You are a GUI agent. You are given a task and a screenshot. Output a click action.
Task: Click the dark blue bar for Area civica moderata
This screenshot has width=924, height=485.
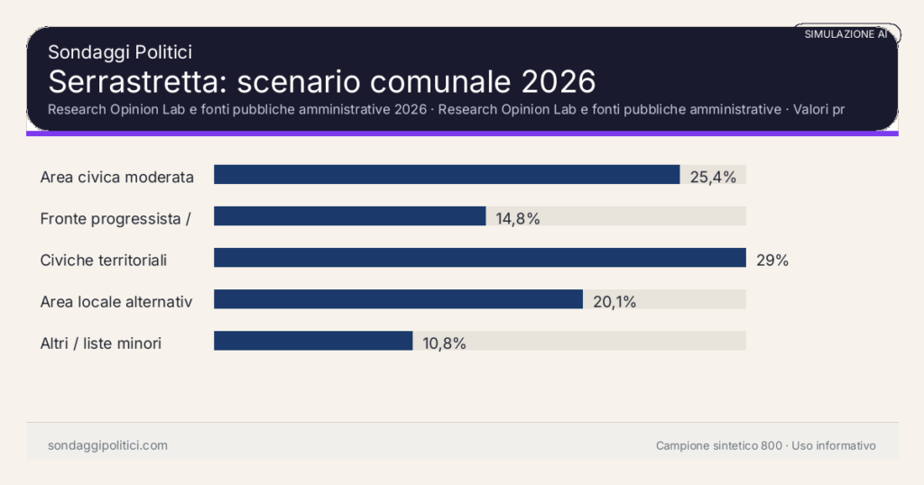click(447, 175)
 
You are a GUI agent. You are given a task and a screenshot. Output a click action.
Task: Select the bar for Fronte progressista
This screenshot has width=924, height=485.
click(350, 216)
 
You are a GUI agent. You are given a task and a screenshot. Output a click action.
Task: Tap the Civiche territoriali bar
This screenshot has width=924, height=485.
click(479, 258)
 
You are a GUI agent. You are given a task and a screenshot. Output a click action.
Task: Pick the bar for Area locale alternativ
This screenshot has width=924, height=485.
click(398, 299)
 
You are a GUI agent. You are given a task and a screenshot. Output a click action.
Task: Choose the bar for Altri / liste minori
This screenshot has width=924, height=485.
click(313, 341)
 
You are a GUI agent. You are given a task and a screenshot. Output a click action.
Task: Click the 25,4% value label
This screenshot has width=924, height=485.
click(713, 177)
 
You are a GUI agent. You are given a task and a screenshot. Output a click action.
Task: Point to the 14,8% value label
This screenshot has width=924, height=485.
click(518, 218)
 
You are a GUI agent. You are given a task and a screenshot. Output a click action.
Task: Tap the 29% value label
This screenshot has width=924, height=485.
click(772, 261)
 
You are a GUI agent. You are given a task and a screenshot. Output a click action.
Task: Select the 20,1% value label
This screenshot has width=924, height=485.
click(614, 302)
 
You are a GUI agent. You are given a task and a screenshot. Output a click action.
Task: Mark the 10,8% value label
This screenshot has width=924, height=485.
click(444, 343)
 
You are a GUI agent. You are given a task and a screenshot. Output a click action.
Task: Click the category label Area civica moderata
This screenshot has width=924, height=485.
click(117, 177)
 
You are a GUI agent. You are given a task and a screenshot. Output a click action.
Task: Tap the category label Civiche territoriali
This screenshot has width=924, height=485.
click(104, 261)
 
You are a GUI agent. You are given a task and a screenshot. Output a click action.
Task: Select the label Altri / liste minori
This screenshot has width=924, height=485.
click(101, 343)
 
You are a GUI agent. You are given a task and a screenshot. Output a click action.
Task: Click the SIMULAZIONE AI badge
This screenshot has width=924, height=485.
click(846, 33)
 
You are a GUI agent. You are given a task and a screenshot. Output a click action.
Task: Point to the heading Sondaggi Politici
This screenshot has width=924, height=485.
click(120, 52)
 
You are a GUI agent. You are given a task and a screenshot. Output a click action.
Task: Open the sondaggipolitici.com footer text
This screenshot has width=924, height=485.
click(107, 445)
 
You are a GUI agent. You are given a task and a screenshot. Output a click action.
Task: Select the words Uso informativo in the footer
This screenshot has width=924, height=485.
click(834, 445)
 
